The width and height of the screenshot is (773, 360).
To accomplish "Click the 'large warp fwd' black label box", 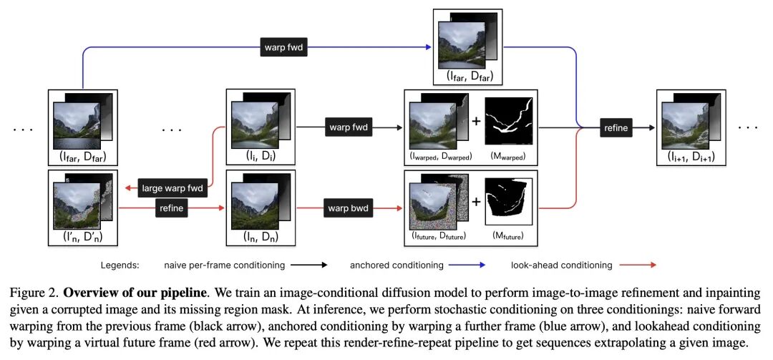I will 172,189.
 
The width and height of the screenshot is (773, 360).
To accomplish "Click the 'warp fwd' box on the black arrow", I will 348,127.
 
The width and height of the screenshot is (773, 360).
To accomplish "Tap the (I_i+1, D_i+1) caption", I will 691,157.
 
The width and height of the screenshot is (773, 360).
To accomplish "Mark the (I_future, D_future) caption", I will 438,235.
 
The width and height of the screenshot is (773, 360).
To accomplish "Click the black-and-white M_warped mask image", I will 509,122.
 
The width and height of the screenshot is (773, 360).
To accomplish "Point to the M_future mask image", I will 510,201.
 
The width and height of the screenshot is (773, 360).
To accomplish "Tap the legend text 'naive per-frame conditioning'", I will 224,265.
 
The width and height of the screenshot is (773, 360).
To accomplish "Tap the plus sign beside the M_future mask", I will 476,203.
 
